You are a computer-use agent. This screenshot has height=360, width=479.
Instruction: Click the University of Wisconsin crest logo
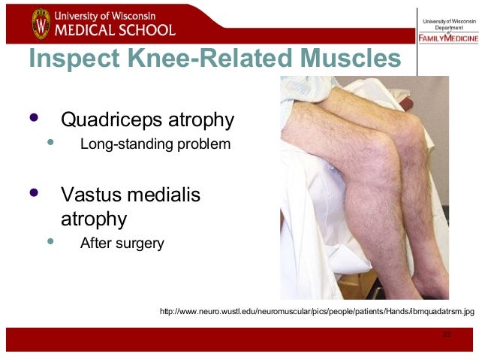tap(41, 23)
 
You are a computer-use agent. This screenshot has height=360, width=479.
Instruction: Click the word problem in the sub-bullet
tap(200, 143)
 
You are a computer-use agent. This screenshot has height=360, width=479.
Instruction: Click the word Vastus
tap(92, 195)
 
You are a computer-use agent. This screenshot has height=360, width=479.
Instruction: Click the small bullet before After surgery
tap(51, 242)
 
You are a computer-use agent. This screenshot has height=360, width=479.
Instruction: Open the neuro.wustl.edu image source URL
tap(318, 310)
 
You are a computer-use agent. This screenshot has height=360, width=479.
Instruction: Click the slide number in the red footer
tap(447, 334)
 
